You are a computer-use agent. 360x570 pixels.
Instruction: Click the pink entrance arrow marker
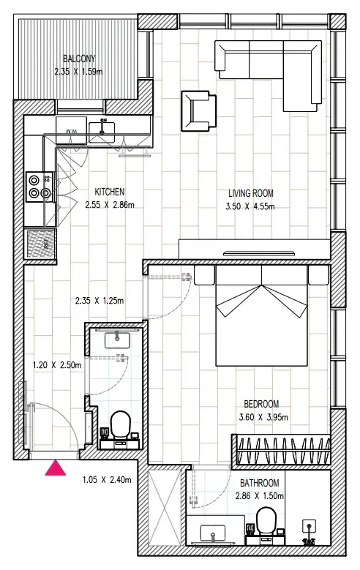[x=56, y=468]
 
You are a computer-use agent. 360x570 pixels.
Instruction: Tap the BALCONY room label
[x=79, y=59]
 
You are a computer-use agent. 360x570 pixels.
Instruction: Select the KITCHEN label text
[x=110, y=192]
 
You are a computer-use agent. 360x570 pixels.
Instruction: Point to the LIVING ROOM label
[x=250, y=193]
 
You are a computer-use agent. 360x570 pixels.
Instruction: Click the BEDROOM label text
[x=261, y=404]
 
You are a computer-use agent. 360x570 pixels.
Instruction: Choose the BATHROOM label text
[x=260, y=483]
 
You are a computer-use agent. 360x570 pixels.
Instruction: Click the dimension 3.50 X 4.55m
[x=250, y=206]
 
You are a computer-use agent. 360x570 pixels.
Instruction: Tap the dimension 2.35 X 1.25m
[x=100, y=301]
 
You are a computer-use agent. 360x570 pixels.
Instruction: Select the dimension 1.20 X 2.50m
[x=57, y=365]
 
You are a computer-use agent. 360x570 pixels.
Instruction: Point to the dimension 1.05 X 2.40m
[x=107, y=480]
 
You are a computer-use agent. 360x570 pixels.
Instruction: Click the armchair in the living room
[x=199, y=111]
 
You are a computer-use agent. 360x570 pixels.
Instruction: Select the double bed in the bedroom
[x=261, y=315]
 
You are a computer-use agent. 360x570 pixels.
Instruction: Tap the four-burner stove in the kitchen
[x=40, y=187]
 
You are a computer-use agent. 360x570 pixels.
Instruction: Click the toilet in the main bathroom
[x=266, y=522]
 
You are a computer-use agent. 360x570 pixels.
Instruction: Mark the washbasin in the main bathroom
[x=213, y=533]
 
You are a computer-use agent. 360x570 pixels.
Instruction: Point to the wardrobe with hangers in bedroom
[x=282, y=449]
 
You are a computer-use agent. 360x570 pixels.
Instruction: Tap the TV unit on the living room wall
[x=255, y=250]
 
